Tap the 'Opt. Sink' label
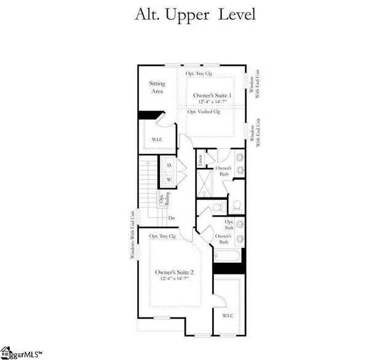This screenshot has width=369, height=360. pyautogui.click(x=229, y=223)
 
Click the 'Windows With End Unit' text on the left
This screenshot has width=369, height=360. pyautogui.click(x=131, y=234)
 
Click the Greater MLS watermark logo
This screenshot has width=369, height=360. pyautogui.click(x=22, y=354)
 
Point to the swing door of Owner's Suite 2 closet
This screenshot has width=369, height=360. pyautogui.click(x=215, y=300)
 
